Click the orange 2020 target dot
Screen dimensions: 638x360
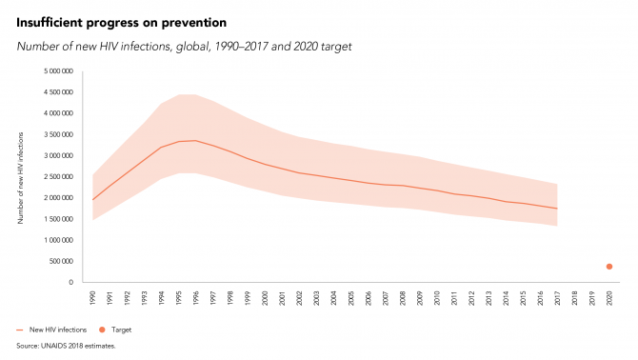609,267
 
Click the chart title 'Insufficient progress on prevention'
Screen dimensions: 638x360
121,23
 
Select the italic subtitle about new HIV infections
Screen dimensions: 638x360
184,47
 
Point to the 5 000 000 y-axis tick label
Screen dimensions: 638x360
59,71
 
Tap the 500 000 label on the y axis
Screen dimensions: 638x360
62,261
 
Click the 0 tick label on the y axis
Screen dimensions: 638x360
71,282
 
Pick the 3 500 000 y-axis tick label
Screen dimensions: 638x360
59,134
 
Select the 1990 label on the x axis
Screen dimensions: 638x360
92,298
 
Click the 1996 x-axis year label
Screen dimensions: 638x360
196,298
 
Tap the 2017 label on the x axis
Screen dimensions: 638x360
557,298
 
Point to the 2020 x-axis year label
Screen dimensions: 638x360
609,298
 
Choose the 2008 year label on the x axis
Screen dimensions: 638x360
403,298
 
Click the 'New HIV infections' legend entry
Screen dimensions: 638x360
51,330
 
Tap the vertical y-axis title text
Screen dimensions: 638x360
20,178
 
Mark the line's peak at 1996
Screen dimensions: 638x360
196,141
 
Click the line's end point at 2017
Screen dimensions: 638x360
557,209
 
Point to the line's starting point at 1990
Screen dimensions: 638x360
92,200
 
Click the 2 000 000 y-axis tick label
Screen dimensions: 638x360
59,198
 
